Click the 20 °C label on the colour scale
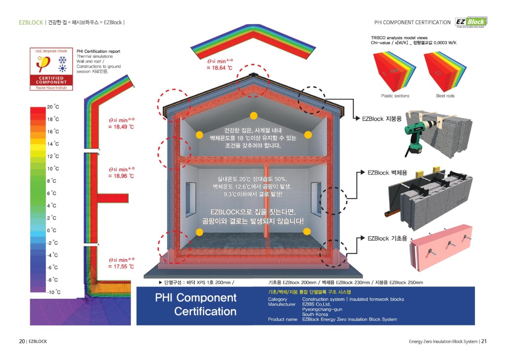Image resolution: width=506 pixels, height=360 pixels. click(53, 107)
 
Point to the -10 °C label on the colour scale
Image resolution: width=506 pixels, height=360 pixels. click(53, 292)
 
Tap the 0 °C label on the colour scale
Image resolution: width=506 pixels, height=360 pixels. click(52, 230)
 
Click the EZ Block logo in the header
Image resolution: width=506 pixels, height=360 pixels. click(471, 22)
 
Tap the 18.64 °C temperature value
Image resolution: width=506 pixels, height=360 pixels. click(219, 68)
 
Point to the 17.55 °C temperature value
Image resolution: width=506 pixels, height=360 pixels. click(121, 266)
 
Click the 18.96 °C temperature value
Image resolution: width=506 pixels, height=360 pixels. click(121, 175)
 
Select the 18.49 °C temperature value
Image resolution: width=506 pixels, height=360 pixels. click(121, 127)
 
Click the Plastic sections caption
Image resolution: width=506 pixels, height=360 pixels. click(395, 96)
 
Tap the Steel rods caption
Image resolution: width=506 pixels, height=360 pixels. click(445, 96)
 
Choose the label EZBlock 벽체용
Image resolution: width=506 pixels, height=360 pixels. click(387, 173)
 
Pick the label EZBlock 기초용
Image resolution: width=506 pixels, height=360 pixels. click(387, 239)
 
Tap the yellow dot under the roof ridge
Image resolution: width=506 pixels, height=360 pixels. click(253, 116)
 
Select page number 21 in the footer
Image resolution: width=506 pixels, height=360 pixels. click(484, 341)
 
